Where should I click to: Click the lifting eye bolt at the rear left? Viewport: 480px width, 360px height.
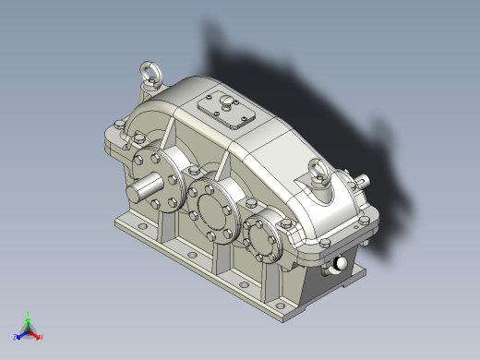tap(148, 71)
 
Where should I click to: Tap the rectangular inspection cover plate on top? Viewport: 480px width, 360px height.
tap(226, 110)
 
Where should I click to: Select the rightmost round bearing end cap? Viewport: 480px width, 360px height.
tap(268, 236)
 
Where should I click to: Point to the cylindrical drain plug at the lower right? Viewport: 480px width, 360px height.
tap(341, 264)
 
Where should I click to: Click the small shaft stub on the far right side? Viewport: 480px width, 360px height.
tap(368, 182)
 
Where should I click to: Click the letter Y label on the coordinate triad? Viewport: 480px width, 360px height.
tap(29, 312)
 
